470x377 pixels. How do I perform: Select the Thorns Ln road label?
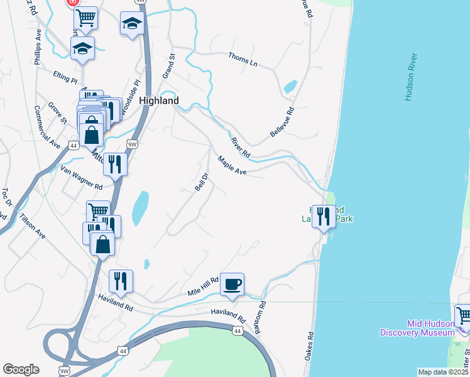click(x=243, y=59)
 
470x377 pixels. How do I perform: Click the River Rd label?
click(x=241, y=148)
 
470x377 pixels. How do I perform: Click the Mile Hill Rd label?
click(x=203, y=287)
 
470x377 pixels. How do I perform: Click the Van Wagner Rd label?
click(x=81, y=178)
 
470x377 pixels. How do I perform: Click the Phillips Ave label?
click(x=38, y=46)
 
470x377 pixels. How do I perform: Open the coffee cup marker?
click(x=232, y=284)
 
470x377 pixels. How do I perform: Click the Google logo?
click(x=21, y=369)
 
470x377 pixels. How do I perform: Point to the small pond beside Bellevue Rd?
click(x=290, y=87)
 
